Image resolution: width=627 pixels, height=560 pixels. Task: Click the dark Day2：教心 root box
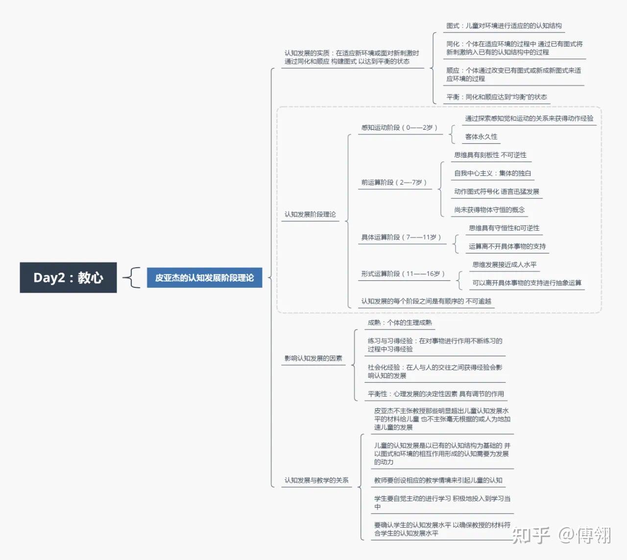[x=68, y=278]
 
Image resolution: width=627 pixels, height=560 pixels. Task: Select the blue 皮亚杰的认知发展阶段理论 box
[x=204, y=278]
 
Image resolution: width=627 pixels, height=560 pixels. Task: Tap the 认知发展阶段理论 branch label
[x=310, y=214]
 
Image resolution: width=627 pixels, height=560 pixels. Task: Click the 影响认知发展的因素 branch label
[x=313, y=358]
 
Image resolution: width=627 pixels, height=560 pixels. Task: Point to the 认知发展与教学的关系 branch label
[x=316, y=480]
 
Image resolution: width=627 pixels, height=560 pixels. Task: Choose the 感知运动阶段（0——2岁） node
[x=399, y=128]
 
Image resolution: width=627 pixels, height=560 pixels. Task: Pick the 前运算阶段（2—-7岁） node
[x=394, y=183]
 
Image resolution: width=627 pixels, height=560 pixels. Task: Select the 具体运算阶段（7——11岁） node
[x=401, y=237]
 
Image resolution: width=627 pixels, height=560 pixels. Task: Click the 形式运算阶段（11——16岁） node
[x=403, y=274]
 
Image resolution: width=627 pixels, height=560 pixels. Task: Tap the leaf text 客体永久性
[x=481, y=137]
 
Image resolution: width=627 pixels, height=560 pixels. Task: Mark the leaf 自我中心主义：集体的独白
[x=492, y=173]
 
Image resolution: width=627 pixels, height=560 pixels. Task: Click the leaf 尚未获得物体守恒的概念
[x=489, y=210]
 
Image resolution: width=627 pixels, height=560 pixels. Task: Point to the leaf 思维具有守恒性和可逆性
[x=504, y=228]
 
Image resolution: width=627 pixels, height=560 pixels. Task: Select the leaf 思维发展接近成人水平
[x=505, y=265]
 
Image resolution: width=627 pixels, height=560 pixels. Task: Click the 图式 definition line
[x=504, y=26]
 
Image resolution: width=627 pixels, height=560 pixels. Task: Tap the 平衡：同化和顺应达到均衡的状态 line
[x=497, y=97]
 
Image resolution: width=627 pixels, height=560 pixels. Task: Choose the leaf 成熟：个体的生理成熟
[x=400, y=323]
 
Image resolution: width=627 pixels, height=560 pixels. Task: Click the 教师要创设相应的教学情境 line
[x=438, y=480]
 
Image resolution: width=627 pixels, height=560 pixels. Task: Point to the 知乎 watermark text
[x=531, y=535]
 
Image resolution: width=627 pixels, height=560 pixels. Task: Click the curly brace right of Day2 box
[x=132, y=278]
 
